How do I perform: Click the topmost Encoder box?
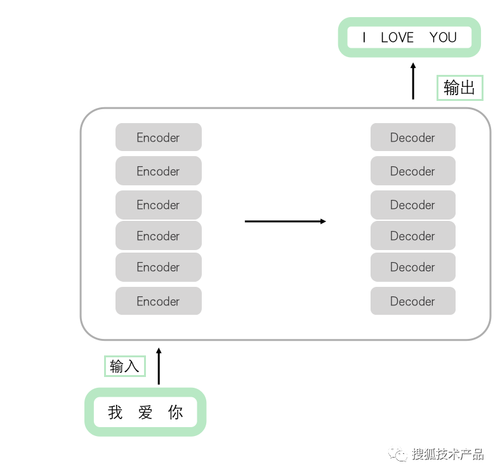click(158, 137)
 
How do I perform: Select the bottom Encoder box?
click(158, 301)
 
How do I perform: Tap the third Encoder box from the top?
click(158, 205)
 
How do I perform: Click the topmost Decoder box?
click(412, 137)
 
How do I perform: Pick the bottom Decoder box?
click(412, 301)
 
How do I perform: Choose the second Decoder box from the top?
click(412, 171)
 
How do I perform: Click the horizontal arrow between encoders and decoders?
click(285, 221)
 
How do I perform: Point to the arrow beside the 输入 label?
click(159, 366)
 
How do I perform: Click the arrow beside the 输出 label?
click(413, 81)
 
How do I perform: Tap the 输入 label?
click(124, 366)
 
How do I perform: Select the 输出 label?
click(459, 88)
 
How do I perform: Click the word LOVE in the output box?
click(397, 37)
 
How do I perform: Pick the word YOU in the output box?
click(443, 37)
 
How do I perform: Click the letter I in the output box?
click(364, 37)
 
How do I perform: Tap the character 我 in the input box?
click(115, 413)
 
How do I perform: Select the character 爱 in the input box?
click(145, 413)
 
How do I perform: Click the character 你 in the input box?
click(175, 413)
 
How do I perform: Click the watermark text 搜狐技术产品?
click(447, 454)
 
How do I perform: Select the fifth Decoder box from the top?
click(412, 267)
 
